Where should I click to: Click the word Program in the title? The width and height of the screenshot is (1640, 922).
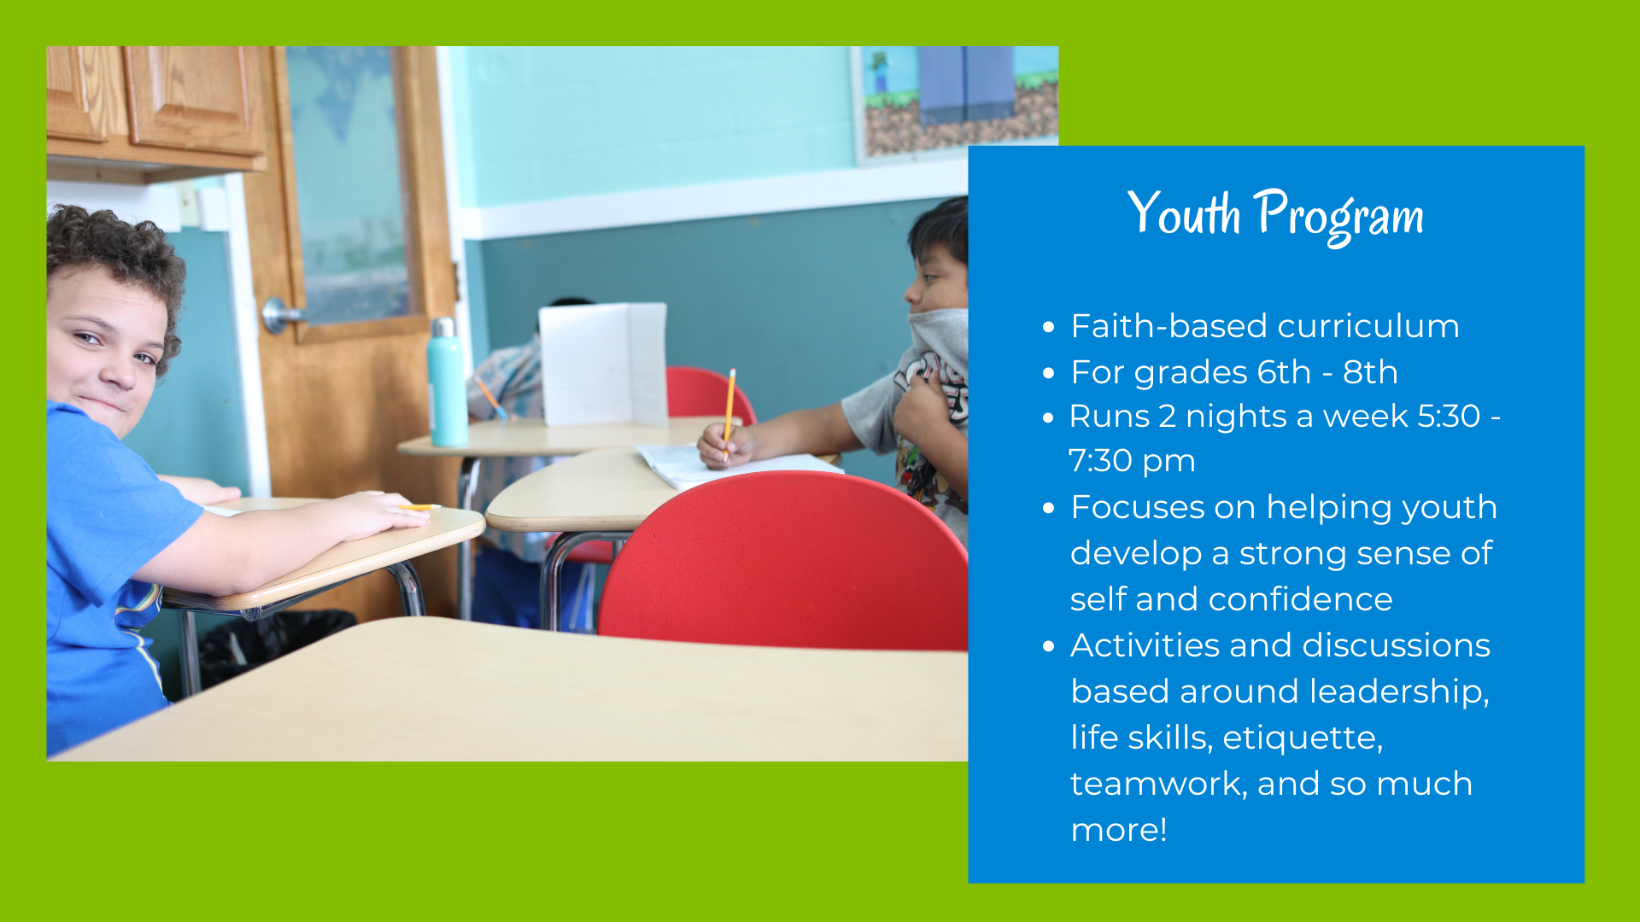coord(1338,216)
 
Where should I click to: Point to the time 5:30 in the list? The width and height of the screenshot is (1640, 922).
coord(1449,416)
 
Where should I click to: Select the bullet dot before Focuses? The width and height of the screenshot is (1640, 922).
coord(1049,508)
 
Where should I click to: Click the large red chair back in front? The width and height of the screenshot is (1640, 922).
coord(784,563)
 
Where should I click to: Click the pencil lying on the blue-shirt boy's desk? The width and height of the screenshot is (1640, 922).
coord(419,507)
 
